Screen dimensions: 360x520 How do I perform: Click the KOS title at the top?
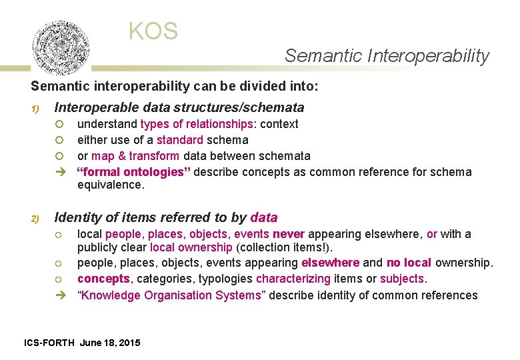click(x=153, y=31)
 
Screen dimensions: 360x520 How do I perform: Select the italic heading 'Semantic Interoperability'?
click(x=387, y=56)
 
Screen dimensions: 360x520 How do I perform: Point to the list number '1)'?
click(x=35, y=109)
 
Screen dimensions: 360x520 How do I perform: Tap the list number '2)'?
click(x=35, y=219)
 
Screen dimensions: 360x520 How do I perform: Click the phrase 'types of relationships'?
click(x=197, y=124)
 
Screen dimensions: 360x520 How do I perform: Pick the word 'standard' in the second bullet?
click(x=180, y=140)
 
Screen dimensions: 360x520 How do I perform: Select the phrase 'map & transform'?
click(x=135, y=156)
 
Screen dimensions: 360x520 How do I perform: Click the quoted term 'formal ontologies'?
click(x=134, y=172)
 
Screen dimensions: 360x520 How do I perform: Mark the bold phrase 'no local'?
click(x=409, y=263)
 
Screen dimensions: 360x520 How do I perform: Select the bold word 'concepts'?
click(x=102, y=279)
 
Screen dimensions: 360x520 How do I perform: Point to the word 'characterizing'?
click(x=293, y=279)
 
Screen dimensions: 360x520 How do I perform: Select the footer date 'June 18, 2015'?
click(x=110, y=343)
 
